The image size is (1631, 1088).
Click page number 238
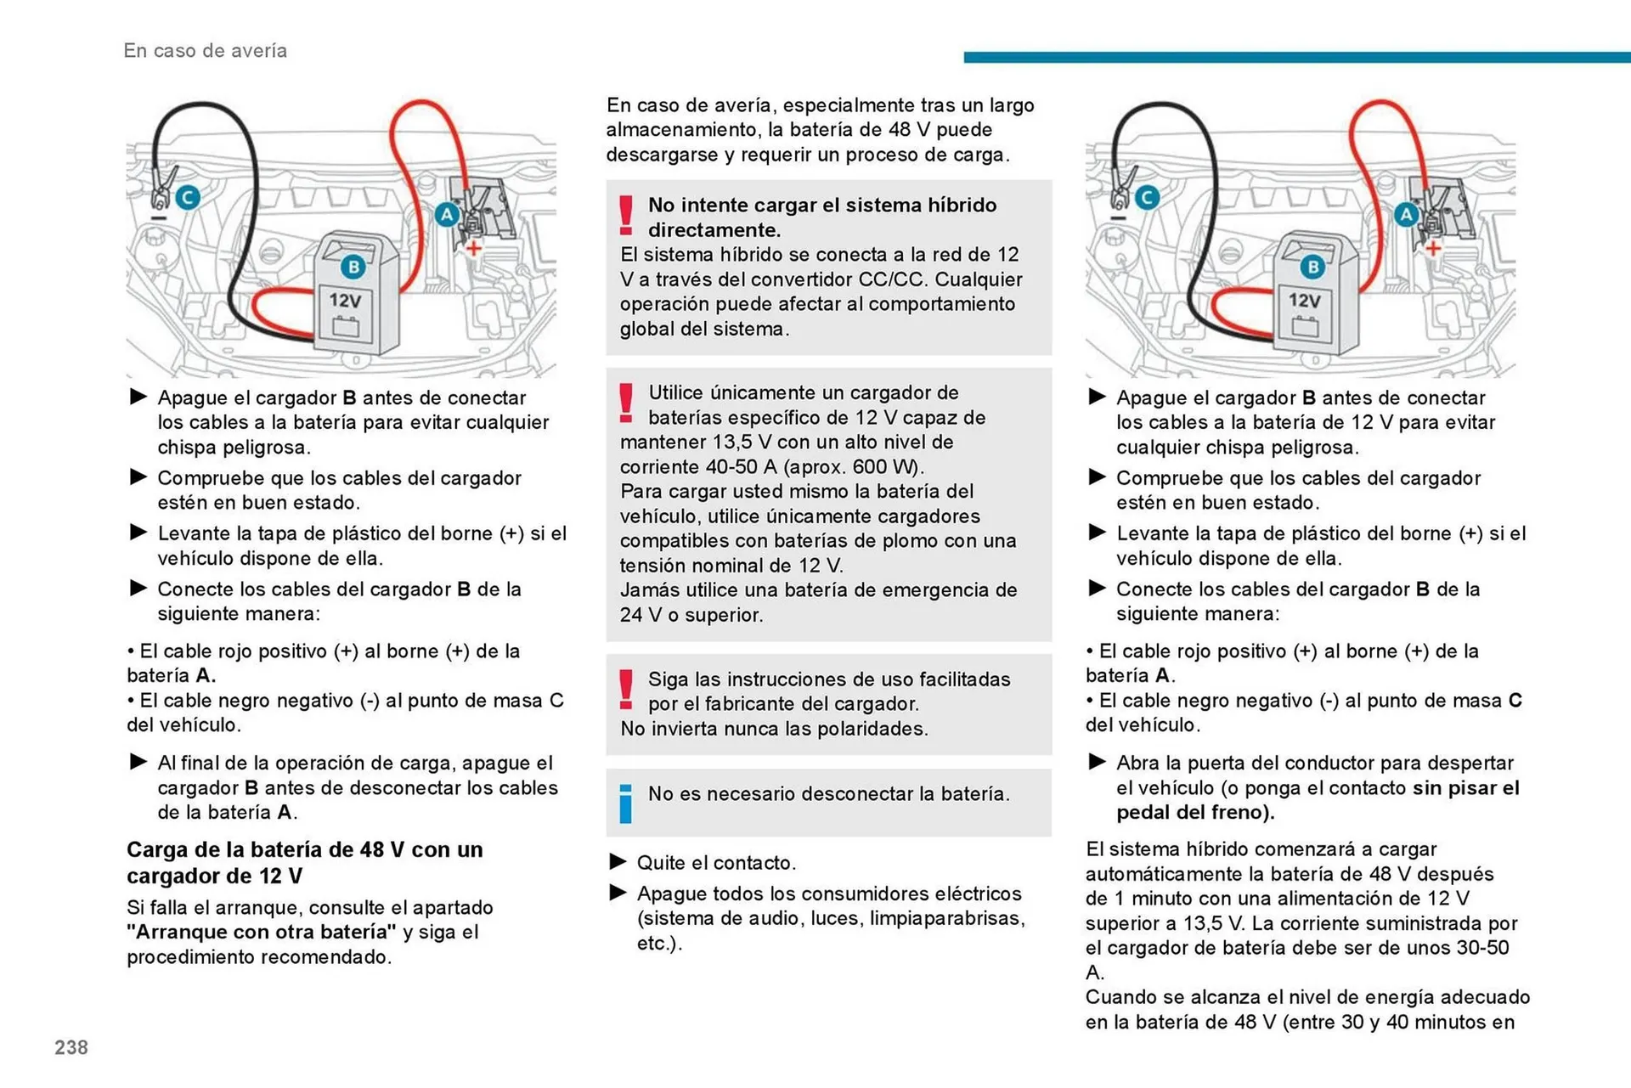(x=71, y=1047)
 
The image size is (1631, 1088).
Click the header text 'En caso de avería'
(x=205, y=51)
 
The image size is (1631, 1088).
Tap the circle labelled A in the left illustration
(x=446, y=215)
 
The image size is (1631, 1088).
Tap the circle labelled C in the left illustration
(x=188, y=198)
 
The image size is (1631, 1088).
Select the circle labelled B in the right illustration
(x=1312, y=267)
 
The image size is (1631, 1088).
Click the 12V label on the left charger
(x=345, y=301)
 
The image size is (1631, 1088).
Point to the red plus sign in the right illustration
(x=1432, y=248)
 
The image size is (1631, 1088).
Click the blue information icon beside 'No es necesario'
(x=626, y=803)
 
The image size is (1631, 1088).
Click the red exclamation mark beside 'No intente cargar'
(x=626, y=216)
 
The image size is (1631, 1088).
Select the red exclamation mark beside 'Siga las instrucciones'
(x=626, y=690)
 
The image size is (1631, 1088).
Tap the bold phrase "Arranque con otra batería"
(x=261, y=933)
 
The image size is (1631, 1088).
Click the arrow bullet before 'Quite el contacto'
(x=618, y=862)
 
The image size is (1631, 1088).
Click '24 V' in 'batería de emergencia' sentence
(x=641, y=615)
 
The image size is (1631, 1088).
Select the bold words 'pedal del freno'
(x=1195, y=813)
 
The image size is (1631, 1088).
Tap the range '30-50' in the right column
(x=1482, y=948)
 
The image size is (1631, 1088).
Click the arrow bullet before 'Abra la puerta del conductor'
(x=1097, y=762)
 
